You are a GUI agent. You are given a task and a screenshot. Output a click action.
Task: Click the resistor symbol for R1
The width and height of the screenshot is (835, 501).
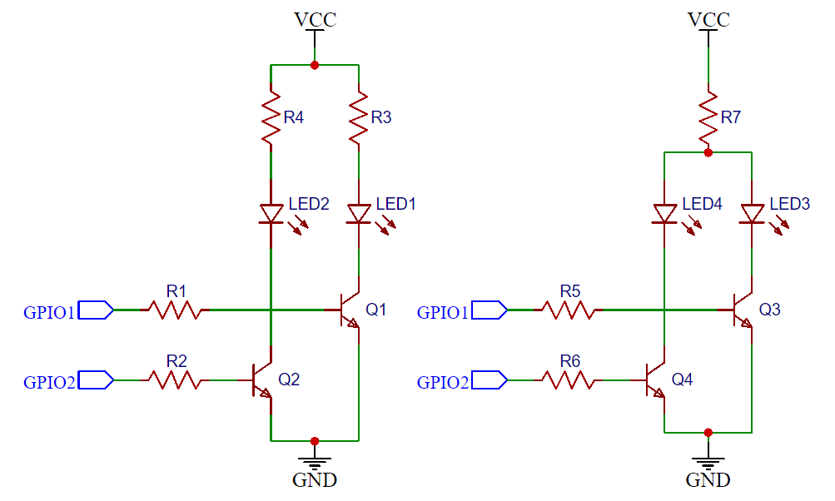(174, 310)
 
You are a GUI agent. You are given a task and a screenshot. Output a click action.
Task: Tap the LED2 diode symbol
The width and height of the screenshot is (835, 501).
(271, 214)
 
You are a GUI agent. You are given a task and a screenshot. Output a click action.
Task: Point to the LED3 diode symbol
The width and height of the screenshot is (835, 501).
(752, 214)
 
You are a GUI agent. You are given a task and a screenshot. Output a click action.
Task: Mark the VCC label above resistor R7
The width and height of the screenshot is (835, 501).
(708, 19)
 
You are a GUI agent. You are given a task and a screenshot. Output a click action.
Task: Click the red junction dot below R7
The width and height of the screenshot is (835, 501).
(708, 152)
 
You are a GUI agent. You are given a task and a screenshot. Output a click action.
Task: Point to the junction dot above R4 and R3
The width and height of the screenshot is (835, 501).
(315, 65)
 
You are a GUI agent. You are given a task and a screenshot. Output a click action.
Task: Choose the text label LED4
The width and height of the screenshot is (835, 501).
(702, 204)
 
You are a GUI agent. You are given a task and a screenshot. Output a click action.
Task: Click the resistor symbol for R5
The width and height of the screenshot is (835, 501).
(568, 310)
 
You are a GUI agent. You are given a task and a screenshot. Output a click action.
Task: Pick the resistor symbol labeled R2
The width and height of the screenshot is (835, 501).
(174, 380)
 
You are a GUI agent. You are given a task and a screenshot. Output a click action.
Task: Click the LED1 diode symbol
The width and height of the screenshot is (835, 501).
(358, 214)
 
